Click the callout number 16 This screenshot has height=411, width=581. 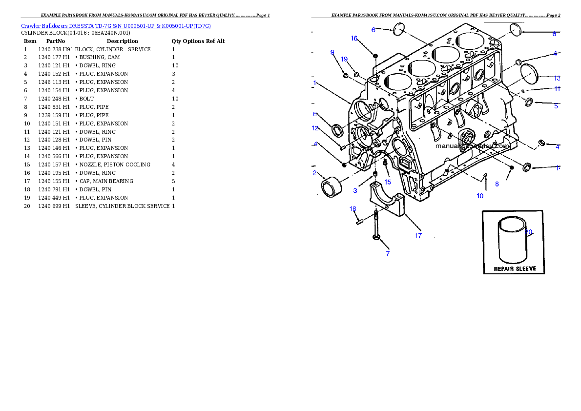click(x=354, y=38)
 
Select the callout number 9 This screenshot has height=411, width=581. click(x=332, y=52)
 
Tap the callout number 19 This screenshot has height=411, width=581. click(x=344, y=60)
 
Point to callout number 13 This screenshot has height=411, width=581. click(x=557, y=78)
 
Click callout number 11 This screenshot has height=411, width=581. click(x=557, y=89)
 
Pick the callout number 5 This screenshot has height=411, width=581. click(x=556, y=106)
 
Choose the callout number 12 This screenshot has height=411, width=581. click(x=315, y=128)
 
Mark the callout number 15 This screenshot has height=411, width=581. click(x=388, y=182)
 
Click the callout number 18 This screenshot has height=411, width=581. click(x=353, y=209)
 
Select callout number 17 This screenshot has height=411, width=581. click(x=418, y=236)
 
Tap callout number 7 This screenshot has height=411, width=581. click(x=388, y=253)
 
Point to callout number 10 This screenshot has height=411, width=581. click(x=480, y=196)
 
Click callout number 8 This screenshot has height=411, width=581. click(x=497, y=185)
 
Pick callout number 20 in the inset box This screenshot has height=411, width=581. click(x=529, y=232)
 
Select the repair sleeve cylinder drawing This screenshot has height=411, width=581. click(x=512, y=242)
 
